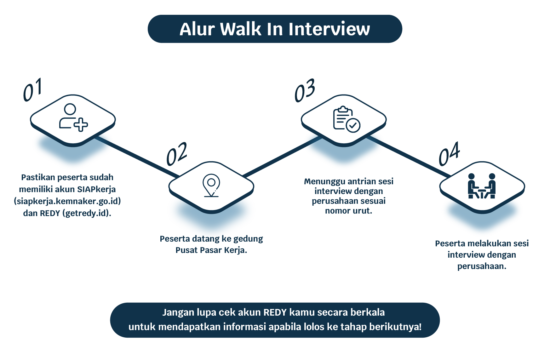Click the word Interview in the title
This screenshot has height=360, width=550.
[x=329, y=29]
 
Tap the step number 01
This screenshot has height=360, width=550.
[x=32, y=90]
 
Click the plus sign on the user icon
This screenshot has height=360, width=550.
[x=81, y=125]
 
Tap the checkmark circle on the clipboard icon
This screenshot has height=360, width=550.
[x=353, y=125]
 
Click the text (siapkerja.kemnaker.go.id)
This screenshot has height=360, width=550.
[x=67, y=201]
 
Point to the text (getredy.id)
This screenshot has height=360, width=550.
[x=87, y=213]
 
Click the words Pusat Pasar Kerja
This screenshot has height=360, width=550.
[x=211, y=250]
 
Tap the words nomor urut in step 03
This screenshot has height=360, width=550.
[x=348, y=211]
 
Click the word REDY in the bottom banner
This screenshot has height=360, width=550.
[x=275, y=312]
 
